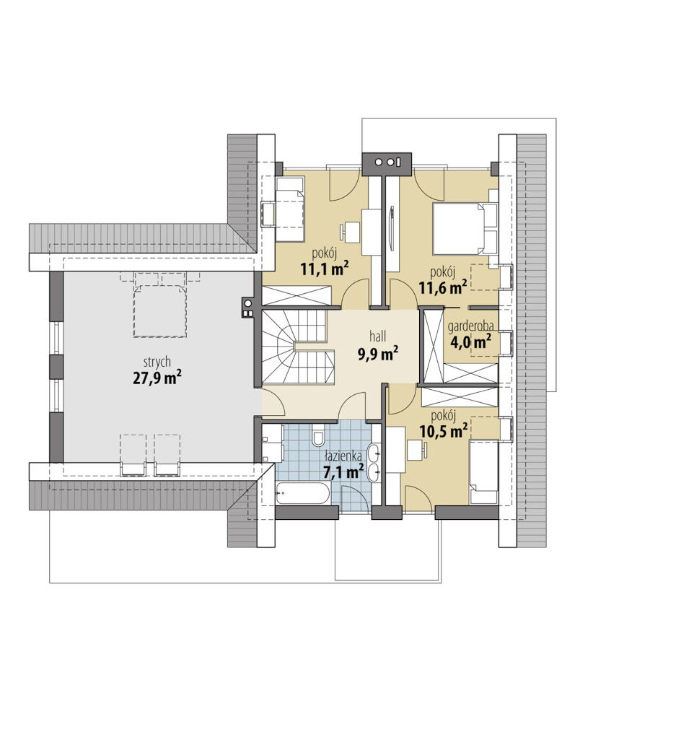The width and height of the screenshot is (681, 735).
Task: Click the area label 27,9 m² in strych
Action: pos(157,378)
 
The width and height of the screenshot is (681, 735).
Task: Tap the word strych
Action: pos(157,362)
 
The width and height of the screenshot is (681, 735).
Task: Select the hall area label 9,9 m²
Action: pos(379,354)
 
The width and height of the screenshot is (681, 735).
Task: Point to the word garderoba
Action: pos(470,326)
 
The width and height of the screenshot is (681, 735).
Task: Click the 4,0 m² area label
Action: pos(470,342)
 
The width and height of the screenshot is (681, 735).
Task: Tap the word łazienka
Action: pos(343,455)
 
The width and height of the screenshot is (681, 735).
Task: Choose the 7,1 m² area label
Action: pos(344,471)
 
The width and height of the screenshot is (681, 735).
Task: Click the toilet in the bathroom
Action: pos(318,438)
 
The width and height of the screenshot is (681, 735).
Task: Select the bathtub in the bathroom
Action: pos(304,493)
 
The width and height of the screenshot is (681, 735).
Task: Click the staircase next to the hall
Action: pos(298,347)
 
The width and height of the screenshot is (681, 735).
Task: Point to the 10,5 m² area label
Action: pos(444,430)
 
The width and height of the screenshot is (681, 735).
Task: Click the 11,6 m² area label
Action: pos(443,287)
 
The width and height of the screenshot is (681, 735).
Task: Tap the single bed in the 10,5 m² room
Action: pos(483,472)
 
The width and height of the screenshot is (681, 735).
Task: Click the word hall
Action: pos(378,336)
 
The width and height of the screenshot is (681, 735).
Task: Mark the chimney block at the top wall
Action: pos(387,164)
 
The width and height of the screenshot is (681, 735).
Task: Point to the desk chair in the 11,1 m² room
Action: pos(351,232)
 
